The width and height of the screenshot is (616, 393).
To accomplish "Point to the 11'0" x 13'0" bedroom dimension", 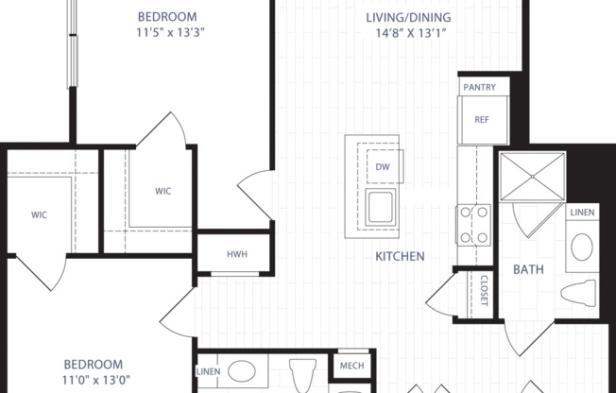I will pyautogui.click(x=93, y=380).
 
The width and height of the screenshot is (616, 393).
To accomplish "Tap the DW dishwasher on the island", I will pyautogui.click(x=383, y=167).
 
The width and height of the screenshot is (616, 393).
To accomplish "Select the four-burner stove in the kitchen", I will pyautogui.click(x=474, y=225).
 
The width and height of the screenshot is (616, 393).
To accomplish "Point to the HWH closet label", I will pyautogui.click(x=236, y=254).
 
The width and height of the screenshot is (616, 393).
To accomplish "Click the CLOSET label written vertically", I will pyautogui.click(x=483, y=290).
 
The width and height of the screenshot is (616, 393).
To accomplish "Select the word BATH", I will pyautogui.click(x=528, y=269).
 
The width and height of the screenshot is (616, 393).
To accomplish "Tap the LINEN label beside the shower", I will pyautogui.click(x=582, y=213).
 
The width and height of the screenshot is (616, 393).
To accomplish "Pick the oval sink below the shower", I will pyautogui.click(x=582, y=248).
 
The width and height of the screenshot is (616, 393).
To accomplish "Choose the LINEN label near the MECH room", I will pyautogui.click(x=209, y=370).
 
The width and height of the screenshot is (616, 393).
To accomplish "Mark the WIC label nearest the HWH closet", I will pyautogui.click(x=163, y=191).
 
